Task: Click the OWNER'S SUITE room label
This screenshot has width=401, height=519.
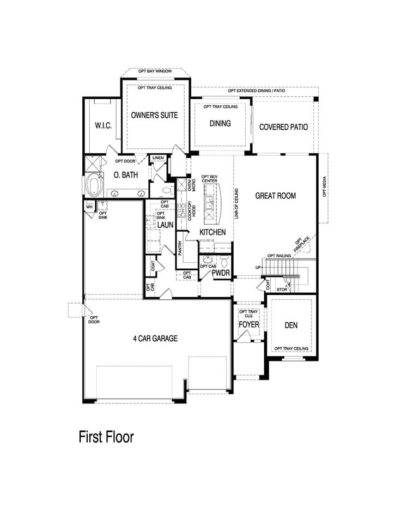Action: point(155,116)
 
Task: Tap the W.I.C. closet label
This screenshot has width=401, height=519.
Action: point(103,126)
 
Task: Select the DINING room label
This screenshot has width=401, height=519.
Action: point(220,123)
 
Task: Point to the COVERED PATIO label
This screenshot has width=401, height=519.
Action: point(283,127)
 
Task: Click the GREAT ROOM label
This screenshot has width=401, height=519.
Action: point(276,196)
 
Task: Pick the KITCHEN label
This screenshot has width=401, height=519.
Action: point(212,232)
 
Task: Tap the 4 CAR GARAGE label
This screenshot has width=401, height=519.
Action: point(155,339)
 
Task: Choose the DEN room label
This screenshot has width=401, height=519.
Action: point(291,325)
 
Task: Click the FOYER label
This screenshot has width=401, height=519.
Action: point(249,325)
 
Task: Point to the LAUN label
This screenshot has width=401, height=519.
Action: point(166,225)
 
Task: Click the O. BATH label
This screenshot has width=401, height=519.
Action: point(125,175)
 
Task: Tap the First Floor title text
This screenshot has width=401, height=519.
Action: point(106,437)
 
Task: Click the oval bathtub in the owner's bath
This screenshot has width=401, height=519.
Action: point(96,185)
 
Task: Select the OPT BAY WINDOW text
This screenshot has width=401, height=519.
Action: point(155,72)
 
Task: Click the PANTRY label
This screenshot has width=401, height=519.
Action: point(180,248)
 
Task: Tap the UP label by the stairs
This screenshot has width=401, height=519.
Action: point(258,268)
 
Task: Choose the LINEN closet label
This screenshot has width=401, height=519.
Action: point(158,158)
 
